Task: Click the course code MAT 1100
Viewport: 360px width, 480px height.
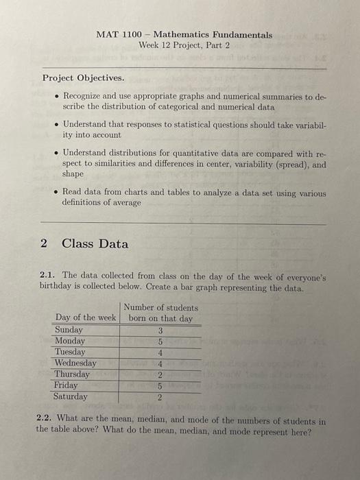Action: pyautogui.click(x=117, y=34)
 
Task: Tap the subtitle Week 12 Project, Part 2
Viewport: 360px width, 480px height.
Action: pyautogui.click(x=184, y=45)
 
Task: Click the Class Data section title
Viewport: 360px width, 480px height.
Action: pyautogui.click(x=95, y=243)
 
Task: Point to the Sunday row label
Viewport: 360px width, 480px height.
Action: pyautogui.click(x=69, y=330)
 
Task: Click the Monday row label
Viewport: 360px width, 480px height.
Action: pyautogui.click(x=70, y=341)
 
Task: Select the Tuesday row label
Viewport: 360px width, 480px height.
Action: pyautogui.click(x=70, y=352)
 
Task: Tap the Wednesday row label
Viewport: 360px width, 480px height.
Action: pyautogui.click(x=75, y=363)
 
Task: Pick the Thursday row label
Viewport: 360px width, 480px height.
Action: pyautogui.click(x=72, y=374)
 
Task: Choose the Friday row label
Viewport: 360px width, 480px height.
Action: pyautogui.click(x=66, y=385)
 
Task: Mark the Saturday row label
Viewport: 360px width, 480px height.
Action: pyautogui.click(x=71, y=396)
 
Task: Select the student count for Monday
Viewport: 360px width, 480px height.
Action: pyautogui.click(x=160, y=341)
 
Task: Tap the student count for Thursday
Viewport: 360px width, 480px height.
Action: pyautogui.click(x=160, y=374)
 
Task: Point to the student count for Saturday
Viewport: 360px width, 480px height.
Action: pyautogui.click(x=160, y=397)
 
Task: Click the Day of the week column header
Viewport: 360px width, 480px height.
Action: pyautogui.click(x=86, y=318)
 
